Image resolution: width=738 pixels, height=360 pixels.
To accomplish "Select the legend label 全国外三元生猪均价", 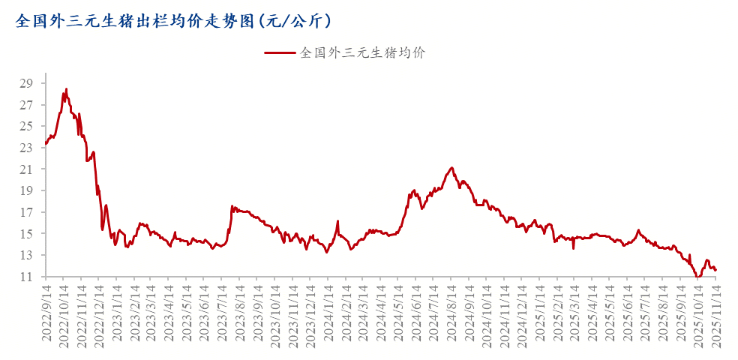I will coord(363,53).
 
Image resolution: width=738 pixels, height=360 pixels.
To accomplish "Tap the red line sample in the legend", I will coord(280,53).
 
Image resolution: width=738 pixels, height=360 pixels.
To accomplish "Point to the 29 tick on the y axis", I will coord(27,82).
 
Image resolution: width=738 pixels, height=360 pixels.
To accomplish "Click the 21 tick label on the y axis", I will coord(27,169).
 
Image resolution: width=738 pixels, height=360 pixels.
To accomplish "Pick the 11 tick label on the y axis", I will coord(27,277).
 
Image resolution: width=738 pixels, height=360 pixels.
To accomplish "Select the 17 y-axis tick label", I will coord(27,213).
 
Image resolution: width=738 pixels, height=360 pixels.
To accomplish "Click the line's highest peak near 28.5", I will coord(66,88).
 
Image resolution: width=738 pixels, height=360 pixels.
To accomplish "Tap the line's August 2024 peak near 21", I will coord(451,167).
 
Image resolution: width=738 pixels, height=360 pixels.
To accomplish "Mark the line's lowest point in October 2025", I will coord(697,277).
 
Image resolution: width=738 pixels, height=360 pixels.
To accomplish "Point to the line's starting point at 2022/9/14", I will coord(46,143).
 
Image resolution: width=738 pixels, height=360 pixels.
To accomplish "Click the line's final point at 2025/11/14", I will coord(716,270).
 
